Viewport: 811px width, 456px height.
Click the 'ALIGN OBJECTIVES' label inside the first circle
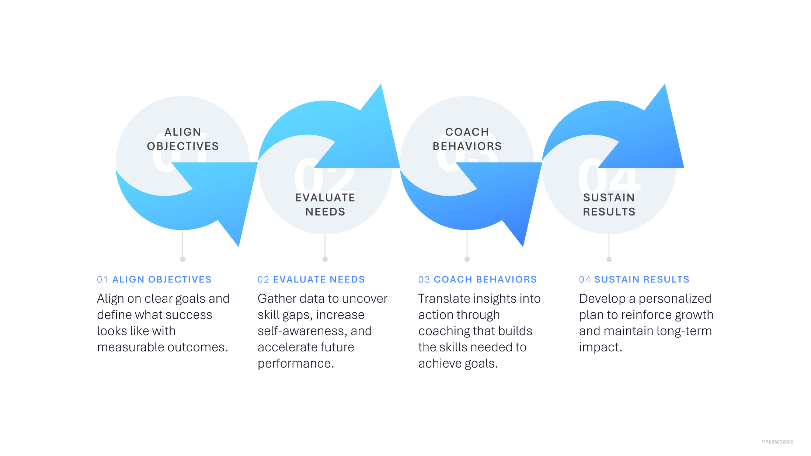point(183,139)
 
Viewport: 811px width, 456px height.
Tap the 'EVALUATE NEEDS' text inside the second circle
point(325,205)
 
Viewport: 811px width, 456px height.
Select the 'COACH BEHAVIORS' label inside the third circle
point(467,139)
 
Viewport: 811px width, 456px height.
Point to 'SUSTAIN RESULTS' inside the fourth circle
point(609,205)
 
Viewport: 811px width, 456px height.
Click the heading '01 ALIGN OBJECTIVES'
point(154,280)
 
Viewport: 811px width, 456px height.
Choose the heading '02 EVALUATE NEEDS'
point(311,280)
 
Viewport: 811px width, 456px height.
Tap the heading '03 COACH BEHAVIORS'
point(477,280)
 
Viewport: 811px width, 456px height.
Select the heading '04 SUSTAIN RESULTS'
point(634,280)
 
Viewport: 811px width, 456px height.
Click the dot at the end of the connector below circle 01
point(183,259)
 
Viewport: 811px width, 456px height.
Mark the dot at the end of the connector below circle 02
point(325,259)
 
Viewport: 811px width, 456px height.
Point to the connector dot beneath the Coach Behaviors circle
point(467,259)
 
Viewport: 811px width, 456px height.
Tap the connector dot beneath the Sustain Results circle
point(609,259)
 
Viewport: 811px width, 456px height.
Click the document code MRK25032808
point(777,442)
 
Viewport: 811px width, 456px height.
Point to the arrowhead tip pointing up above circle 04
point(664,86)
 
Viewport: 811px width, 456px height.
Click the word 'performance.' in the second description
point(296,364)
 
